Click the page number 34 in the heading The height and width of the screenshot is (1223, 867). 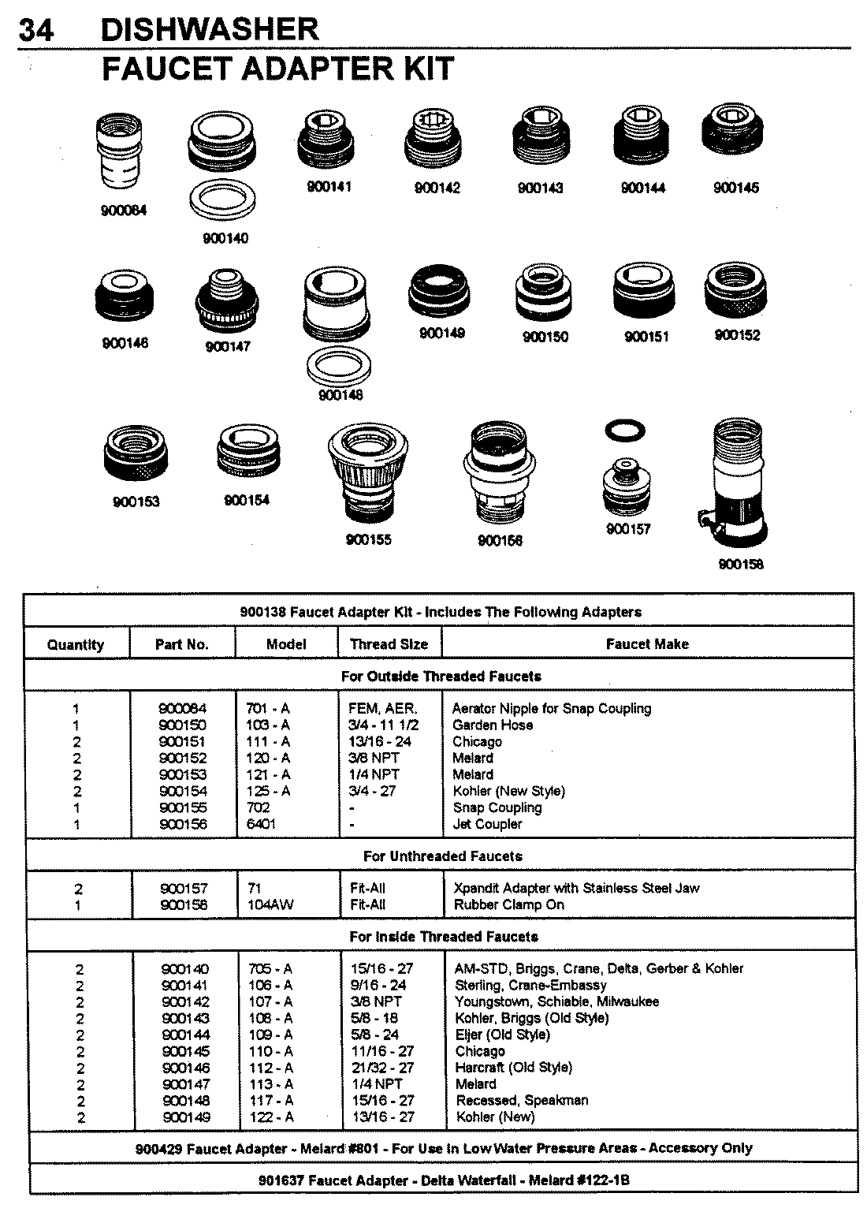36,30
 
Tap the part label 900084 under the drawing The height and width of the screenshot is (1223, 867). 123,211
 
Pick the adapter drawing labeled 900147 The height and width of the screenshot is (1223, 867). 228,304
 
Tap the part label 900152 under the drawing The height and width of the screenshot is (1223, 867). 737,335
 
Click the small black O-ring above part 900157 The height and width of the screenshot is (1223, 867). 626,430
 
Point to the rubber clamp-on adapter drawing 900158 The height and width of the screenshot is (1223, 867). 735,483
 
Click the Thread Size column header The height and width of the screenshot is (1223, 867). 389,644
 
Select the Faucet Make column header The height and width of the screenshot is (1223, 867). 646,644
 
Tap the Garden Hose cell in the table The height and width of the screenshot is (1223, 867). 493,725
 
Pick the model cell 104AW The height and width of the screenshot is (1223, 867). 270,904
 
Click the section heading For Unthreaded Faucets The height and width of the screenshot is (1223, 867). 442,856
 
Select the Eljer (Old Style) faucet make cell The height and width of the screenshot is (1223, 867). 502,1035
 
